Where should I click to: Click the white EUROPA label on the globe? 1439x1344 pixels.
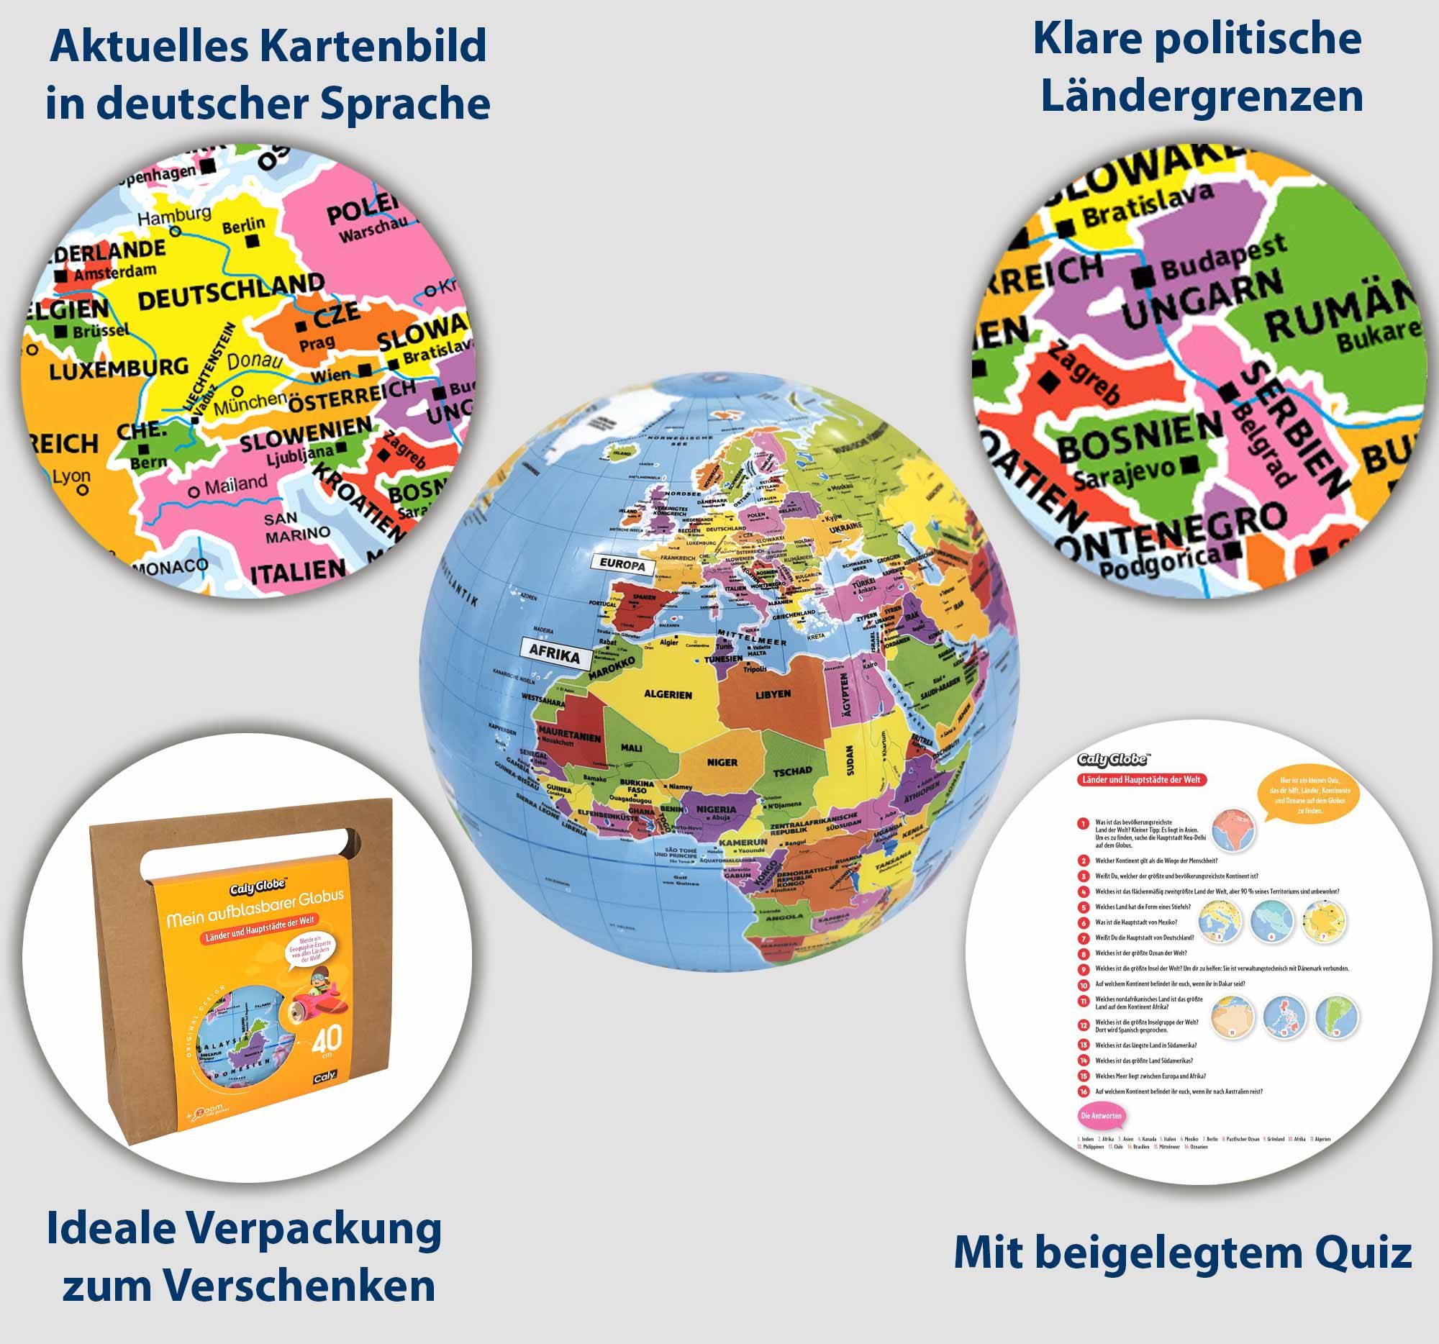pos(622,565)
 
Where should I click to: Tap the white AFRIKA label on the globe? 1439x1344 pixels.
pos(555,653)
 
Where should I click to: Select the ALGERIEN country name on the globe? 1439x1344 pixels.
pos(668,695)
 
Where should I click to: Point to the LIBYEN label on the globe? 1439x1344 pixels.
pos(773,694)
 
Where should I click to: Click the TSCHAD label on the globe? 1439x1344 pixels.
pos(793,771)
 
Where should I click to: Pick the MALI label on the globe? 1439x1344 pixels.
pos(631,748)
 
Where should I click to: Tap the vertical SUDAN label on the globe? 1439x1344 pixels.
pos(850,760)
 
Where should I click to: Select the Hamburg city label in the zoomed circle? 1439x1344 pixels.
pos(174,215)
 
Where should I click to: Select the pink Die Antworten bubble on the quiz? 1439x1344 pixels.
pos(1101,1115)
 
